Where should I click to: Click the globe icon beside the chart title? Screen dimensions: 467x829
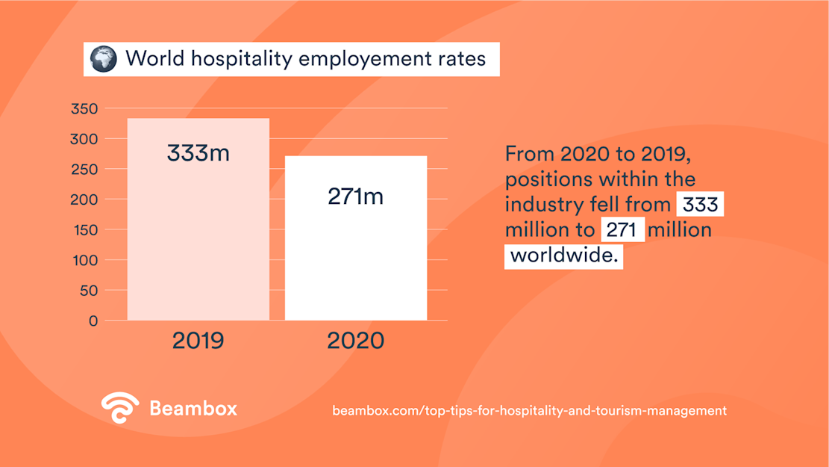[104, 59]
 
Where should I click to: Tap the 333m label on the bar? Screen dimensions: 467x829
[198, 153]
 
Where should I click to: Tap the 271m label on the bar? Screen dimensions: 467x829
[356, 197]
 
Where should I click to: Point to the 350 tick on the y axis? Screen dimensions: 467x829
[84, 109]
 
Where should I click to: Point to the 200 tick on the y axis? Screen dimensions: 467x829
[84, 200]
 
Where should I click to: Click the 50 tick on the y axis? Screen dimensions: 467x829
[88, 291]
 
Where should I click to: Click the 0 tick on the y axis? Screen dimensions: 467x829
[93, 321]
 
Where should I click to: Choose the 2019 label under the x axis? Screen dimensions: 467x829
[198, 341]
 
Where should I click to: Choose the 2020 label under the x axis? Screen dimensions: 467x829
[356, 341]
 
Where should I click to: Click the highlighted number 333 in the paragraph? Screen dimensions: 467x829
[699, 205]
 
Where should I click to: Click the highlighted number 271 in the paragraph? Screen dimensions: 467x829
[622, 229]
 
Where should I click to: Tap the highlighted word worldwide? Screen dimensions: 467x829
[563, 256]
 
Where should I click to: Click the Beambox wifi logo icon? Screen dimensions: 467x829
[120, 408]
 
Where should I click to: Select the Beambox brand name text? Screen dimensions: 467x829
[193, 409]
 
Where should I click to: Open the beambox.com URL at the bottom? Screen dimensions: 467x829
[529, 410]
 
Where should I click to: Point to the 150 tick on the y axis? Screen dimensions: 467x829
[84, 230]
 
